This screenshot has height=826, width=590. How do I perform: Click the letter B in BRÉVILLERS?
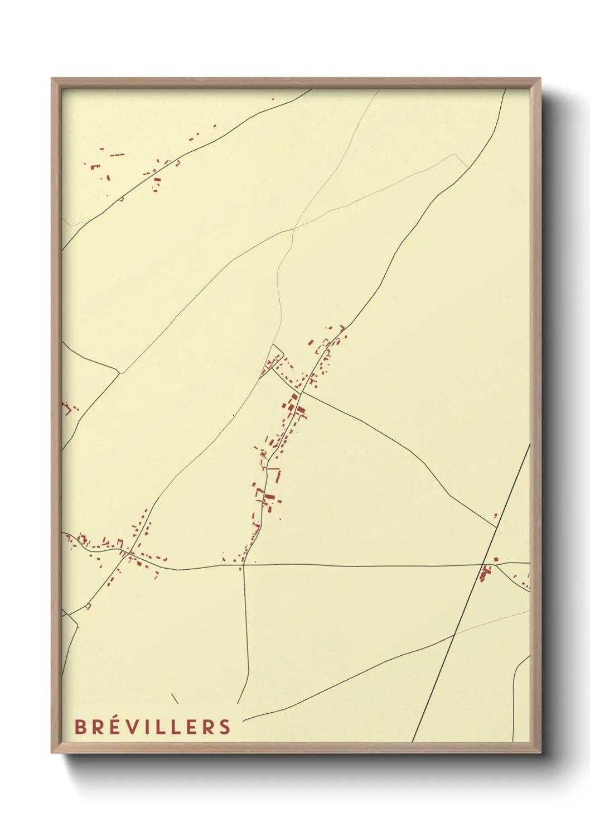tap(80, 727)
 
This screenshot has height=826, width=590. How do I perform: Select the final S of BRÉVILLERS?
tap(225, 727)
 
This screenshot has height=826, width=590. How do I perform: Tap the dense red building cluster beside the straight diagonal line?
tap(486, 572)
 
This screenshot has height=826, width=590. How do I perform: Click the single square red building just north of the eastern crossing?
tap(496, 559)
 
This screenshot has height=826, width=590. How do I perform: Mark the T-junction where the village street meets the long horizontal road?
tap(243, 565)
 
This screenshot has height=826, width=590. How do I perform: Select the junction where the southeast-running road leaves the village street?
tap(301, 392)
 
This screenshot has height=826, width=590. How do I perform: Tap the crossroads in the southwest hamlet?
tap(129, 553)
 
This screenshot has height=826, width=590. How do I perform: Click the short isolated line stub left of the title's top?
tap(175, 698)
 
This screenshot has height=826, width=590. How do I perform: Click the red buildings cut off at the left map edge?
tap(67, 409)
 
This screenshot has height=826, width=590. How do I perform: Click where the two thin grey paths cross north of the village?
tap(293, 228)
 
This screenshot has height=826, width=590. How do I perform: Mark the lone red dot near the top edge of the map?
tap(273, 99)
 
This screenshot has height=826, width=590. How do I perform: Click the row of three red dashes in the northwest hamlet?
tap(117, 155)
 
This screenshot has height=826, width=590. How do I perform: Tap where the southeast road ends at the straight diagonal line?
tap(496, 527)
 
